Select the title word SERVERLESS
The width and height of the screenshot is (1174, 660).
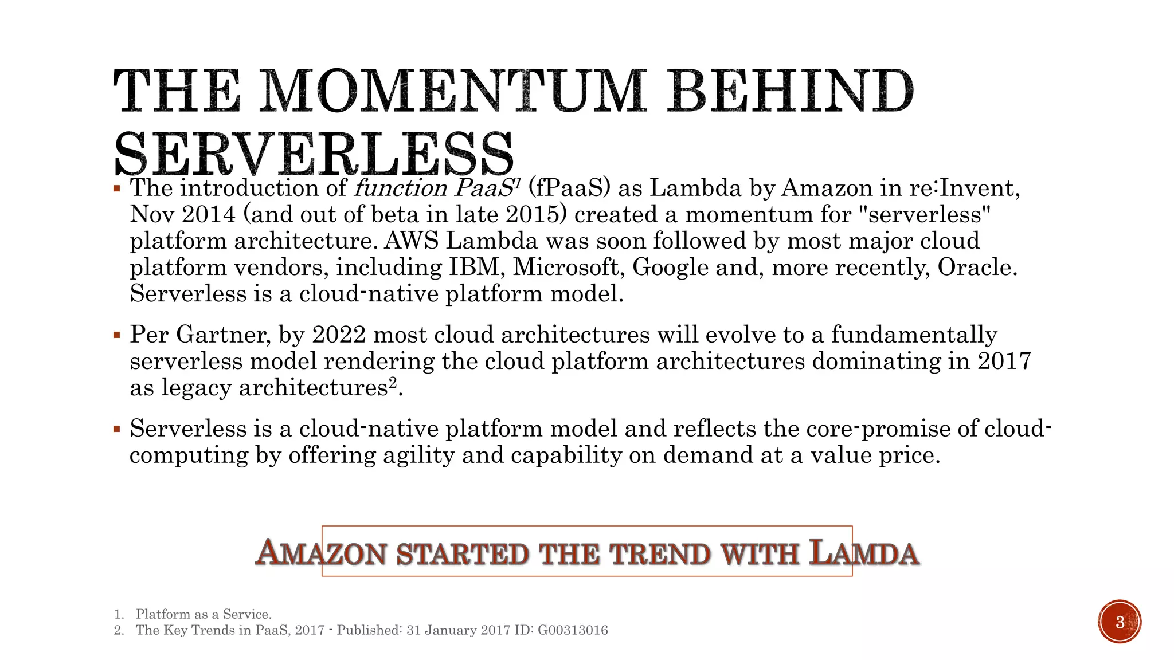click(314, 154)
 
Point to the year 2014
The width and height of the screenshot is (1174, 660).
click(209, 214)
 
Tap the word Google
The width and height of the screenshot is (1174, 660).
click(670, 267)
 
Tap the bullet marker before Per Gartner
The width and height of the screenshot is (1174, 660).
click(117, 335)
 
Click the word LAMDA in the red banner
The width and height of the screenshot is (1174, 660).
click(864, 553)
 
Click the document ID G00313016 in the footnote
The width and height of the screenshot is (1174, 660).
click(573, 630)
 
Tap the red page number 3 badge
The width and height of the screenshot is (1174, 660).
click(1120, 622)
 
